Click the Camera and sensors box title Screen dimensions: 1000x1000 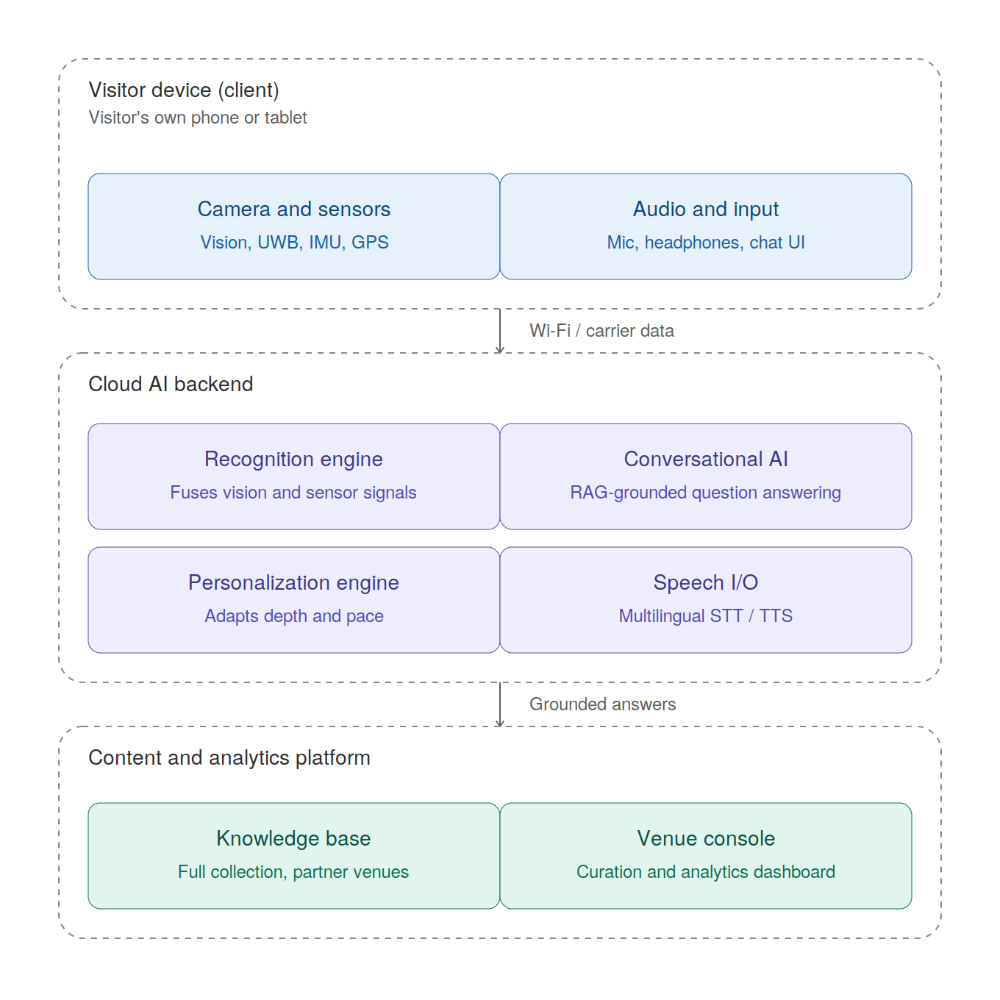point(293,209)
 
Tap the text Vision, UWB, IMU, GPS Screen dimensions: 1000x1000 point(294,243)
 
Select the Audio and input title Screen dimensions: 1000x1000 point(705,209)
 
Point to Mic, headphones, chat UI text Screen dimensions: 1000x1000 point(706,243)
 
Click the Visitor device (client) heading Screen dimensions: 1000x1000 point(184,90)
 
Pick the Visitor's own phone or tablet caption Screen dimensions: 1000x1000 point(198,118)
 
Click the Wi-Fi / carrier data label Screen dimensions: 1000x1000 point(601,331)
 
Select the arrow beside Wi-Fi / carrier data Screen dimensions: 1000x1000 point(500,331)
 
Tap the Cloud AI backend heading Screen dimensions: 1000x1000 point(171,384)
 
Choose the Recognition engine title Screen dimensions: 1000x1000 point(293,460)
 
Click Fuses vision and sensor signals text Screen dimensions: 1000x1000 point(293,493)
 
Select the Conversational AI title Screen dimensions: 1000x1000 point(706,460)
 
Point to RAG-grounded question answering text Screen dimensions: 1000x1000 point(705,493)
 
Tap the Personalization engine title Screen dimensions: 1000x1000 point(293,583)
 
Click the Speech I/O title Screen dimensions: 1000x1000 point(706,583)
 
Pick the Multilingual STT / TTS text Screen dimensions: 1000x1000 point(706,616)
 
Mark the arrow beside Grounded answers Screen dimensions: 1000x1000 point(500,704)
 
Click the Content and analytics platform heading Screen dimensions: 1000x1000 point(229,757)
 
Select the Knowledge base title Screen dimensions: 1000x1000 point(293,839)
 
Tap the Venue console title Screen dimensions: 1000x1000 point(706,839)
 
